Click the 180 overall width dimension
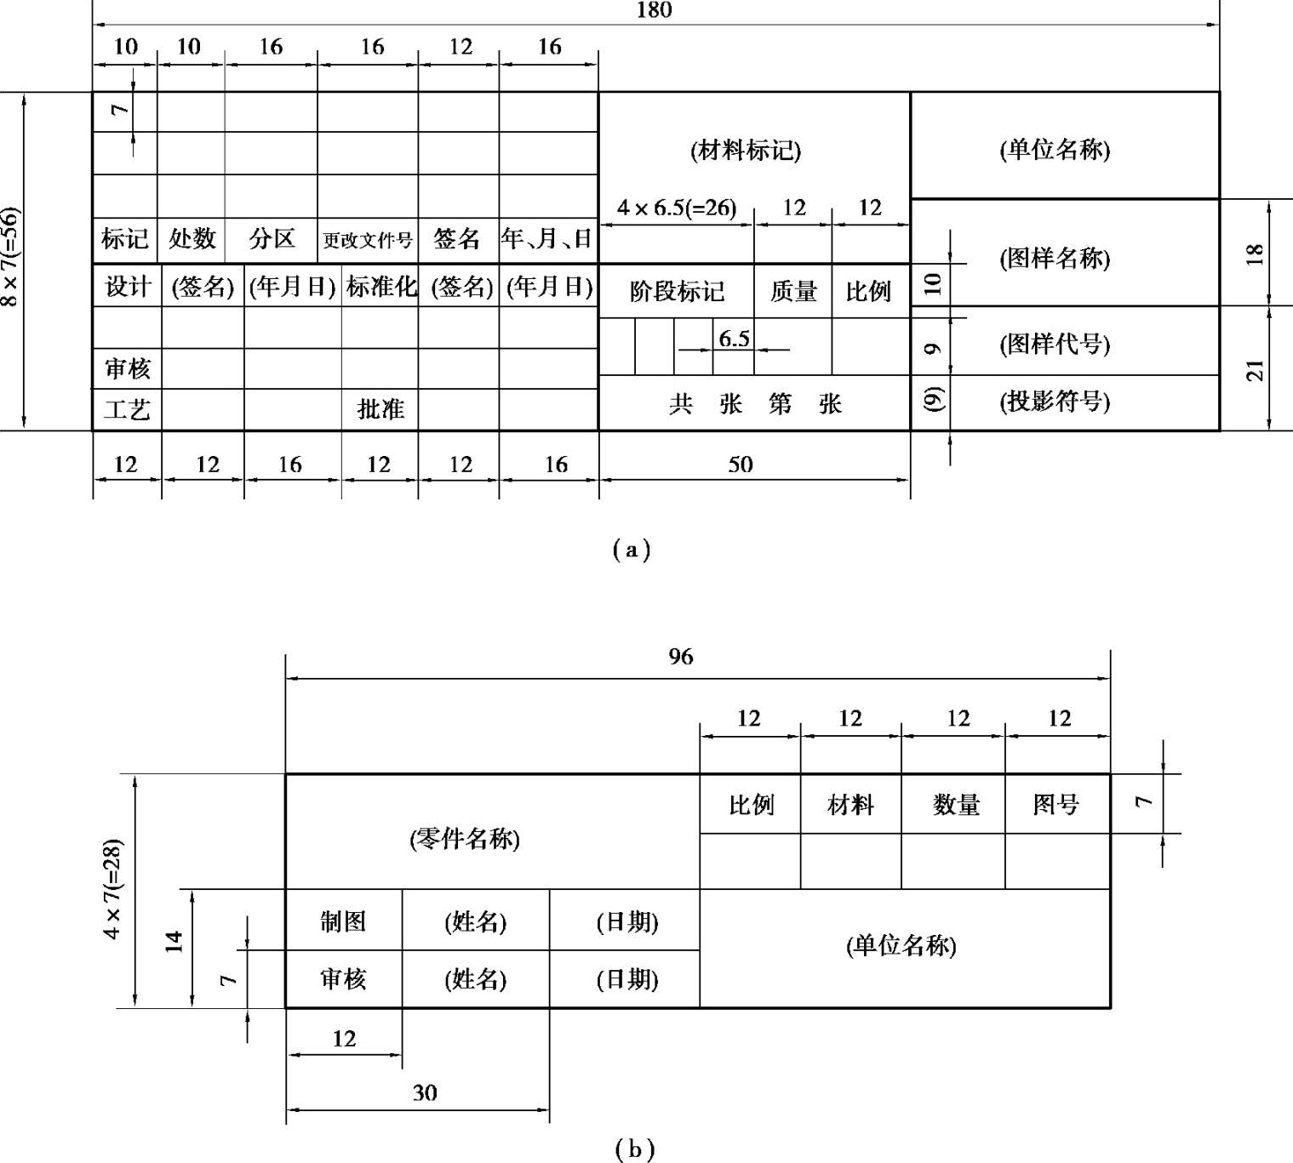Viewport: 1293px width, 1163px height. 654,11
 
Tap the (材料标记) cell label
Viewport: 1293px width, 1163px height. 746,151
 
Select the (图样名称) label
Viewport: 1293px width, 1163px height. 1055,258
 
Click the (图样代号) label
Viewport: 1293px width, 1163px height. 1055,344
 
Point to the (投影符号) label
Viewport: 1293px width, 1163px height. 1055,401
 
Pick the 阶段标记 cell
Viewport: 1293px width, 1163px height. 677,292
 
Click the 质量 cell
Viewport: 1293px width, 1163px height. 793,292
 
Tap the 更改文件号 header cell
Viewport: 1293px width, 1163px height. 368,241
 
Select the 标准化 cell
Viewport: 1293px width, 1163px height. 380,287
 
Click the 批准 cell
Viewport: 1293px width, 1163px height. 380,409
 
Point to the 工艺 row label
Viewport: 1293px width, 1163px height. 127,410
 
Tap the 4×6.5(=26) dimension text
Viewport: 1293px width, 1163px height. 677,208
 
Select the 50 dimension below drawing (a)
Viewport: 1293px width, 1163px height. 740,465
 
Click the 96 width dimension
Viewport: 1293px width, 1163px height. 680,657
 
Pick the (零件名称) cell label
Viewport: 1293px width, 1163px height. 465,840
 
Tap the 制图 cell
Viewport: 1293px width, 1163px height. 343,921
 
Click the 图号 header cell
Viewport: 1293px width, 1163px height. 1056,805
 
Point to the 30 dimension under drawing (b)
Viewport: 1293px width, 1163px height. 424,1093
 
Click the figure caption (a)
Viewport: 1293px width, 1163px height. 632,550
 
